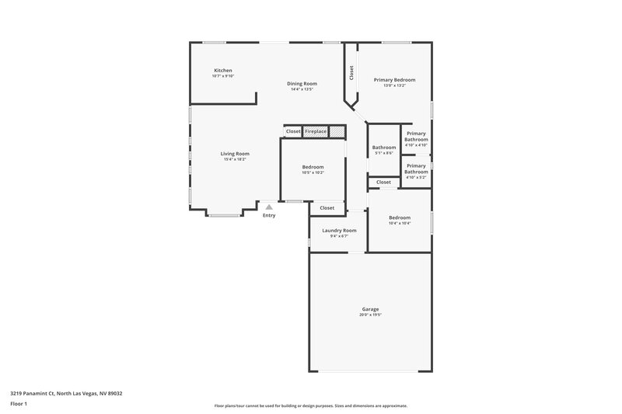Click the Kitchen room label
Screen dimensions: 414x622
pos(223,71)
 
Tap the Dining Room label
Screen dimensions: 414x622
pos(302,84)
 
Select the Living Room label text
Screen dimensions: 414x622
pos(235,154)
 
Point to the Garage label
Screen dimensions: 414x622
pos(369,309)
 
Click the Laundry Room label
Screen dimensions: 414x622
pos(339,231)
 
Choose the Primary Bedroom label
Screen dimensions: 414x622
pos(394,80)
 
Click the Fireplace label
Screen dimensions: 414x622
pos(316,131)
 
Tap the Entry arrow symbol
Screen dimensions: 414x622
pos(269,207)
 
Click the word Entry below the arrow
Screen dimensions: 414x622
pos(269,216)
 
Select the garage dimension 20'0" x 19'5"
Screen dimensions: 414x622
pos(369,315)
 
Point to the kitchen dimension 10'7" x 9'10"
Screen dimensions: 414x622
pos(223,76)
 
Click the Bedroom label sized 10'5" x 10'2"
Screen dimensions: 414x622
pos(313,167)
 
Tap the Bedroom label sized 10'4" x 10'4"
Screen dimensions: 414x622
pos(400,217)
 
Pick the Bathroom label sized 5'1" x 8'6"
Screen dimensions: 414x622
pos(384,148)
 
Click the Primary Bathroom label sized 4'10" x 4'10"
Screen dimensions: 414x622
pos(416,137)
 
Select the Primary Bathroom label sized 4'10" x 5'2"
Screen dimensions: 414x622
pos(416,169)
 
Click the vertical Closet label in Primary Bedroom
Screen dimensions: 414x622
pos(351,72)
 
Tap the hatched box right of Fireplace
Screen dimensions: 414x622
pos(337,132)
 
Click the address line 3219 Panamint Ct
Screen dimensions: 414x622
pos(65,394)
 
